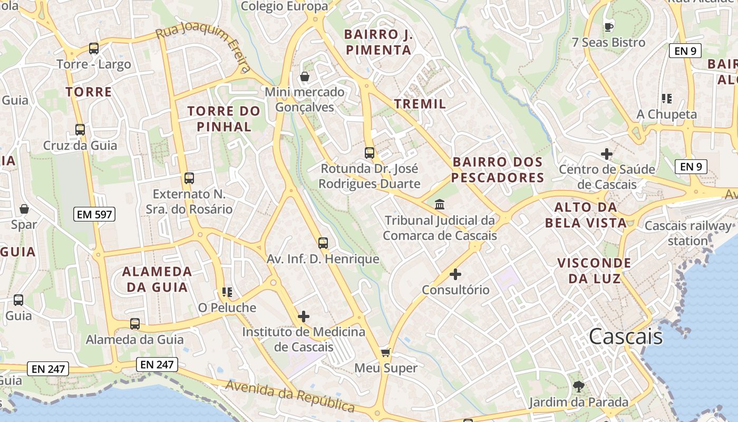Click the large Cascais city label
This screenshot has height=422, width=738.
pyautogui.click(x=626, y=336)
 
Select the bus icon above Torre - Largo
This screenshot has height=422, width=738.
pyautogui.click(x=94, y=49)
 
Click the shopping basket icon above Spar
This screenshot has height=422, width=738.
pyautogui.click(x=24, y=209)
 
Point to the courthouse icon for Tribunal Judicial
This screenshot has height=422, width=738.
pyautogui.click(x=440, y=204)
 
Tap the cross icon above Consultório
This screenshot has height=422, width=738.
pyautogui.click(x=455, y=274)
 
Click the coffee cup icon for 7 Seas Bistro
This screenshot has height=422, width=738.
pyautogui.click(x=609, y=27)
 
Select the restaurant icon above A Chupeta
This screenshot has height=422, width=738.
pyautogui.click(x=666, y=99)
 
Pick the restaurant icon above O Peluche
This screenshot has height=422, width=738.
pyautogui.click(x=227, y=292)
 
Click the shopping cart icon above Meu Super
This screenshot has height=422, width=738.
pyautogui.click(x=386, y=352)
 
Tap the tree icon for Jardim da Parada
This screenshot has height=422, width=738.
pyautogui.click(x=579, y=387)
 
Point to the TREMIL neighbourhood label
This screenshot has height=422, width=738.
pyautogui.click(x=420, y=104)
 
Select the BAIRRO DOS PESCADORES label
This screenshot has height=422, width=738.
pyautogui.click(x=497, y=169)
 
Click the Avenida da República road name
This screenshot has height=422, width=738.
pyautogui.click(x=290, y=396)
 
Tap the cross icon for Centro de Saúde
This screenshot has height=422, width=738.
pyautogui.click(x=607, y=154)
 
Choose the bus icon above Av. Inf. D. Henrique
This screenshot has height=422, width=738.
pyautogui.click(x=323, y=243)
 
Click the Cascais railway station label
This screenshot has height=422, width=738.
pyautogui.click(x=688, y=233)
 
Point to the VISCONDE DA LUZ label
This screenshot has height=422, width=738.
pyautogui.click(x=594, y=270)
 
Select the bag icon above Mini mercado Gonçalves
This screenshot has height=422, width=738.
pyautogui.click(x=305, y=76)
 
